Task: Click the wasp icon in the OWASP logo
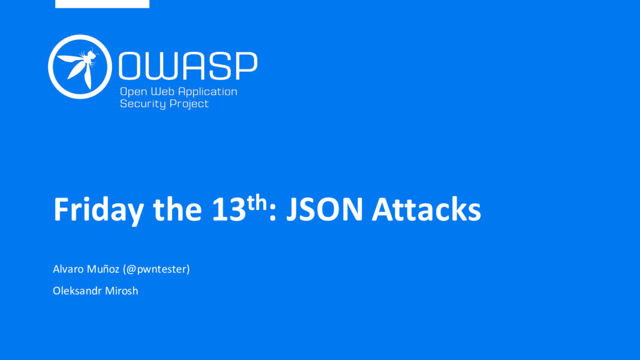click(80, 66)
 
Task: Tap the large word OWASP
click(188, 65)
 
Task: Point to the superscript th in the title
click(257, 202)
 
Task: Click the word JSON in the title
click(324, 209)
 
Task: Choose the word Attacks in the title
click(426, 209)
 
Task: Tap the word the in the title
click(177, 209)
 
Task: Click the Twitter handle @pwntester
click(156, 269)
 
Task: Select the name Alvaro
click(69, 269)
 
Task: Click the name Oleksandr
click(77, 291)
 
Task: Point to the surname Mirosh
click(122, 291)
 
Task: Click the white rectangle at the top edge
click(102, 4)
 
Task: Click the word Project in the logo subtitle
click(189, 104)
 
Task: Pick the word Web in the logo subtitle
click(162, 91)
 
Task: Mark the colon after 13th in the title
click(272, 213)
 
